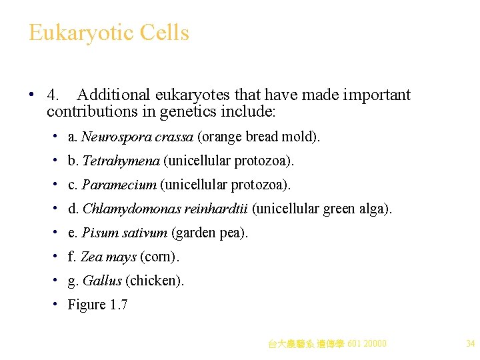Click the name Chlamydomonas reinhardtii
(x=165, y=209)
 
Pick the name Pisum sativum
(x=125, y=233)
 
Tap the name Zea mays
(x=108, y=257)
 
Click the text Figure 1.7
(x=97, y=305)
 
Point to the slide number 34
(x=470, y=344)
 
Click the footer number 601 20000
(x=367, y=344)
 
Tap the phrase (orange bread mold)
(x=259, y=137)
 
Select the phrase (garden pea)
(x=209, y=233)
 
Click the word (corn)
(x=159, y=257)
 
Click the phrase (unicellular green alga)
(x=322, y=209)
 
